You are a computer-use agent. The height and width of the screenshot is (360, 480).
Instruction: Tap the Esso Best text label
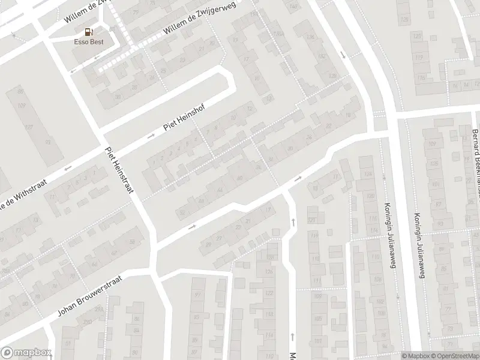click(x=89, y=43)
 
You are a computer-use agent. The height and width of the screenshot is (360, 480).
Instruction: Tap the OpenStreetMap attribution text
click(x=454, y=356)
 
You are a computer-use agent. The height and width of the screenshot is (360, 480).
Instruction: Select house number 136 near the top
click(x=310, y=37)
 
